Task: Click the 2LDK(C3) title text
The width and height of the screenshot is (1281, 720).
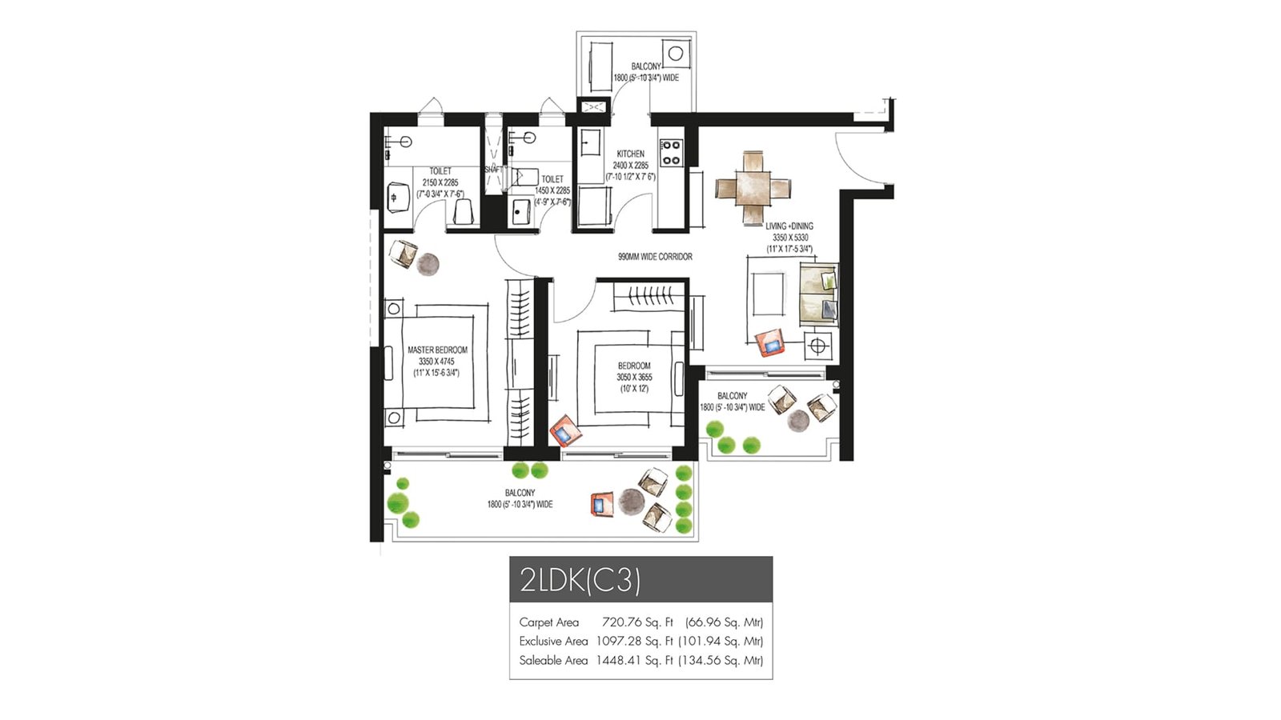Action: [x=580, y=579]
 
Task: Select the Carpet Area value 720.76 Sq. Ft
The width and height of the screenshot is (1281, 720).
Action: [x=637, y=622]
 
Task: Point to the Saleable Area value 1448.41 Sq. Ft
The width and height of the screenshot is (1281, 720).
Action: [x=634, y=661]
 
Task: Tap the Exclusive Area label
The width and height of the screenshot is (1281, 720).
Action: [x=552, y=642]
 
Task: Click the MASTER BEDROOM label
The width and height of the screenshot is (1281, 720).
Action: [x=437, y=350]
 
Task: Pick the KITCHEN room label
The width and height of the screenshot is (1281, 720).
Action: [x=630, y=154]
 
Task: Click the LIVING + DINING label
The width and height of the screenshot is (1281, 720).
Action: [x=789, y=226]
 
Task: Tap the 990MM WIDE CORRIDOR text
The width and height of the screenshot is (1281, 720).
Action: [x=655, y=257]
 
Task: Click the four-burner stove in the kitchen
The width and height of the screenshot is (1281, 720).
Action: [x=671, y=152]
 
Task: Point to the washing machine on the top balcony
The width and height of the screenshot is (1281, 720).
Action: [x=676, y=54]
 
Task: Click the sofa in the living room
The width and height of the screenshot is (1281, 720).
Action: [x=818, y=294]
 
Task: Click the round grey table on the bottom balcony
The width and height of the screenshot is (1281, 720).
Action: [x=631, y=502]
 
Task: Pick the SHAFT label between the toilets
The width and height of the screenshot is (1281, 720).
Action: [x=492, y=170]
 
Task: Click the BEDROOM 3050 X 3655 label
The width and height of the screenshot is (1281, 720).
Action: [x=633, y=366]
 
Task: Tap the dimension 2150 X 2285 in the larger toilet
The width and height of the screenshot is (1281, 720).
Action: [x=440, y=182]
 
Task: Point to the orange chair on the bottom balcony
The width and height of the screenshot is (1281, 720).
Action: [x=600, y=504]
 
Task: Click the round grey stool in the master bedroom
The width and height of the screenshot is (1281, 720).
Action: [x=428, y=264]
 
